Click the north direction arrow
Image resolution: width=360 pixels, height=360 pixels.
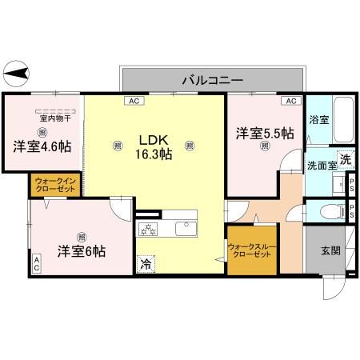[x=17, y=74]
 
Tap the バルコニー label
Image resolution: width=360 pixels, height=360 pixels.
[x=212, y=79]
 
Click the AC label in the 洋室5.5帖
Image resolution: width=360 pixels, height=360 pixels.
[x=291, y=101]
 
